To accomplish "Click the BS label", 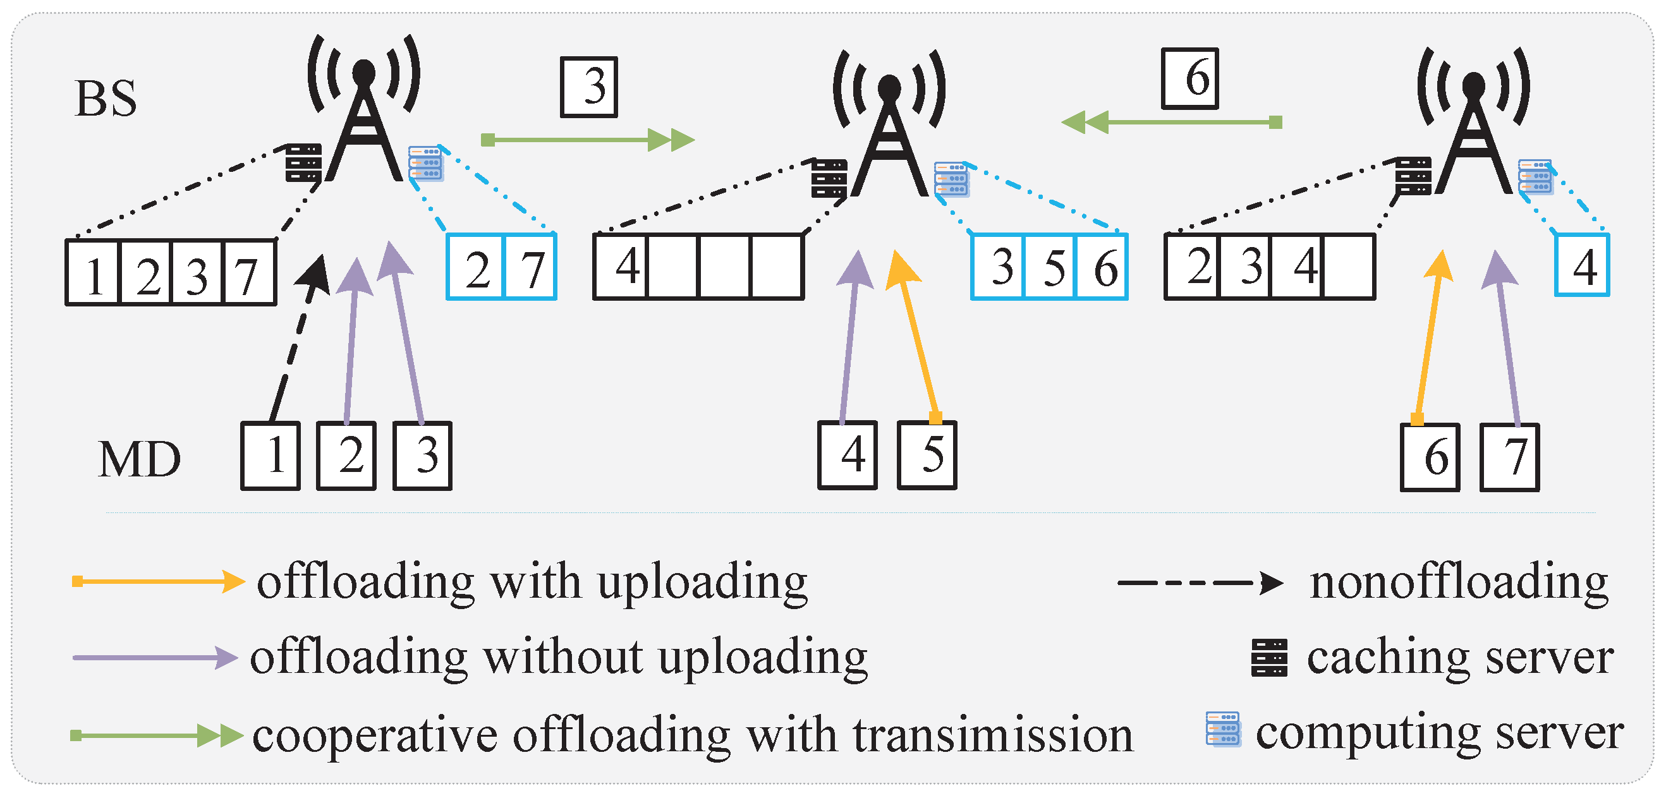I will pos(106,99).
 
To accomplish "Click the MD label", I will pos(139,459).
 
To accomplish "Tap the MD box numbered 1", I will pos(271,456).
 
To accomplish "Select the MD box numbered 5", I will pos(927,455).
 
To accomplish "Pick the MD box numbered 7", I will pos(1509,457).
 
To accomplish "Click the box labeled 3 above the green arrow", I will pos(588,87).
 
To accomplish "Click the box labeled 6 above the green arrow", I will pos(1190,78).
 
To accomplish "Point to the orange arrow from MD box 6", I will pos(1428,336).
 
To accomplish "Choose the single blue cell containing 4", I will pos(1581,266).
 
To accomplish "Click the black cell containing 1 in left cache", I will pos(93,273).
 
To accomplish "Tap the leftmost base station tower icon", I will pos(364,110).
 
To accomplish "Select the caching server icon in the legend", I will pos(1269,657).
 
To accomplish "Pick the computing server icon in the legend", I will pos(1223,728).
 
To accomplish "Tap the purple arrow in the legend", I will pos(155,657).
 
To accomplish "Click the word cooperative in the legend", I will pos(375,736).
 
